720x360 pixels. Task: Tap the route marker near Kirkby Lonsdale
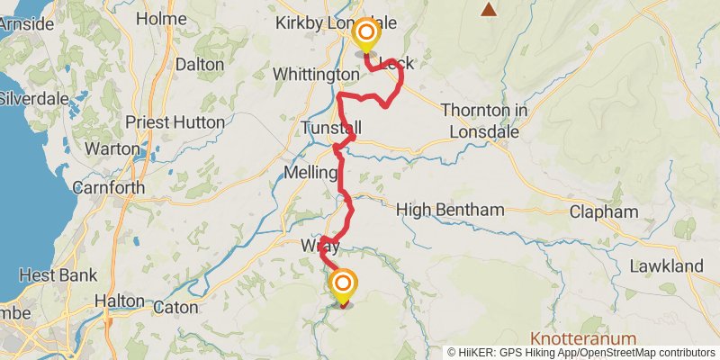[366, 35]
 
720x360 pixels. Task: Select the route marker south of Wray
[343, 286]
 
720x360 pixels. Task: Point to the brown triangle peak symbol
[489, 10]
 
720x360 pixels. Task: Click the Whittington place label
[310, 74]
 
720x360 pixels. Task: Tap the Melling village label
[310, 172]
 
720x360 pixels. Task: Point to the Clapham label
[604, 212]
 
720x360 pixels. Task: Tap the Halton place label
[120, 301]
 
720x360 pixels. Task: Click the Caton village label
[175, 307]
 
